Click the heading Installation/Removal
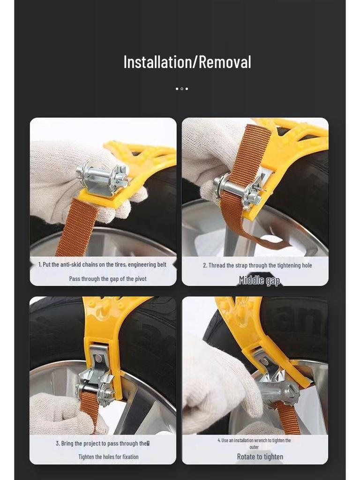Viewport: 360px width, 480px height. [187, 62]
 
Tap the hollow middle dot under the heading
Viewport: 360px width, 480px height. [182, 89]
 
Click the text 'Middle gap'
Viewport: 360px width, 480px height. [259, 281]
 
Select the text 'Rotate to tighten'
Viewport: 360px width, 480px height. [260, 457]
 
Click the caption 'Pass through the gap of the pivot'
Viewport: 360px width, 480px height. [108, 279]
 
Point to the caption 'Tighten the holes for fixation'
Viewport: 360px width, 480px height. [108, 457]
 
